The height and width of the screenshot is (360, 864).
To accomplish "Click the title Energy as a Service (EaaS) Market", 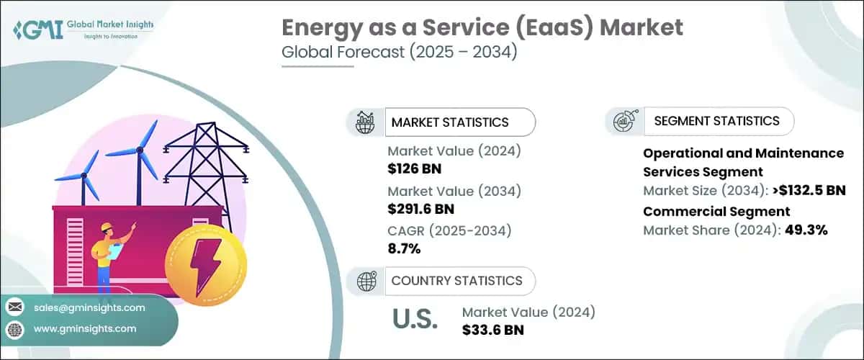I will (482, 28).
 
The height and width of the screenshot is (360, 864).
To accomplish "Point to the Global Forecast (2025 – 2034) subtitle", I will (399, 54).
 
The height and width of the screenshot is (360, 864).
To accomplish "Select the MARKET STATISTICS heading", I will (449, 122).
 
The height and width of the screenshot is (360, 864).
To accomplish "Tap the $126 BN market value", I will (414, 169).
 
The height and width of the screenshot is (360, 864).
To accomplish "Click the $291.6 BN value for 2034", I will (421, 210).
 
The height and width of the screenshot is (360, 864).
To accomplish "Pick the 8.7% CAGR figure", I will (404, 249).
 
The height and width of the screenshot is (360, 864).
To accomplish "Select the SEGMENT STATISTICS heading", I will (716, 121).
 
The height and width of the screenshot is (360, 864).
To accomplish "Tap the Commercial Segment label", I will (716, 212).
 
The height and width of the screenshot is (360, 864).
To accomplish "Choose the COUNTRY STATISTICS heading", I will (456, 281).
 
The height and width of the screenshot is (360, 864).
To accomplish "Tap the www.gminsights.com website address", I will (84, 328).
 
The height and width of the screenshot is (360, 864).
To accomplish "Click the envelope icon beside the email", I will (14, 307).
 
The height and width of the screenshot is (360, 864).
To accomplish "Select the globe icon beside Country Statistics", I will (368, 281).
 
